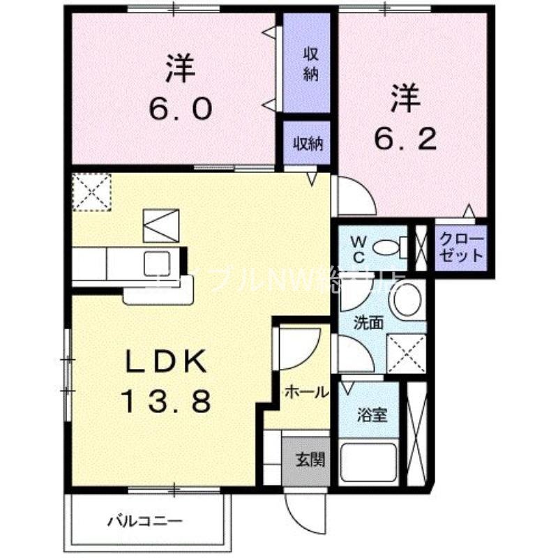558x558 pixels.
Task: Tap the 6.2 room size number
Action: [x=405, y=139]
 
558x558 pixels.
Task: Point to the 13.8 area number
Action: [x=166, y=401]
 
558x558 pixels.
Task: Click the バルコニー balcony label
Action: [x=144, y=521]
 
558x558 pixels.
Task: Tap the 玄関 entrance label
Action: [x=307, y=460]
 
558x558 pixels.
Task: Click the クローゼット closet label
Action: [x=461, y=248]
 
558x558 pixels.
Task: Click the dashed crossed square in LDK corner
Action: [x=91, y=190]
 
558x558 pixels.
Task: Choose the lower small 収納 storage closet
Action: [x=307, y=144]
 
